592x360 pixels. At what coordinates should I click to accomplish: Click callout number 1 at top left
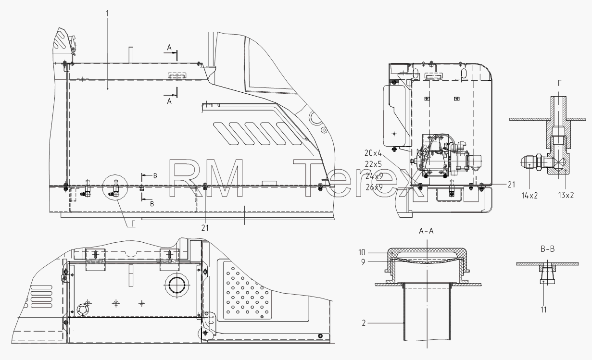point(107,13)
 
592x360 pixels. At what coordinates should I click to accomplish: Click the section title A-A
point(426,231)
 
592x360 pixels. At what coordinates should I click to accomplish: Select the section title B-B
point(548,249)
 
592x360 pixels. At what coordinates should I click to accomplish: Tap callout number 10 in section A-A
point(362,252)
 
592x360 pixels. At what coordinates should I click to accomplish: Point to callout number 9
point(363,262)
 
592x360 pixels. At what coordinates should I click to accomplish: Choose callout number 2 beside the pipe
point(364,323)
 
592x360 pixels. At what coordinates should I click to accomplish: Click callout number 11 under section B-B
point(543,310)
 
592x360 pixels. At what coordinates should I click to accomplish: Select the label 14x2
point(529,196)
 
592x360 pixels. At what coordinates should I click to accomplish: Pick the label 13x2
point(566,196)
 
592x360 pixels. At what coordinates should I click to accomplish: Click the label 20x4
point(373,153)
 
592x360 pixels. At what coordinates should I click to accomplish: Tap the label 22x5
point(374,164)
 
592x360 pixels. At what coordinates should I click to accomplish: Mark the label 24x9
point(374,176)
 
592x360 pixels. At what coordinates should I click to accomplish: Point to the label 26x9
point(374,187)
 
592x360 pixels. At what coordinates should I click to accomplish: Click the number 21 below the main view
point(205,228)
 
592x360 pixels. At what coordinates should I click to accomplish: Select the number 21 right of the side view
point(511,185)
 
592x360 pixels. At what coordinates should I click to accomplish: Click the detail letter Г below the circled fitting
point(134,224)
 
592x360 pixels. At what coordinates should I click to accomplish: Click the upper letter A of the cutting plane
point(169,48)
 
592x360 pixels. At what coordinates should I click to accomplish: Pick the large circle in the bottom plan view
point(176,285)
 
